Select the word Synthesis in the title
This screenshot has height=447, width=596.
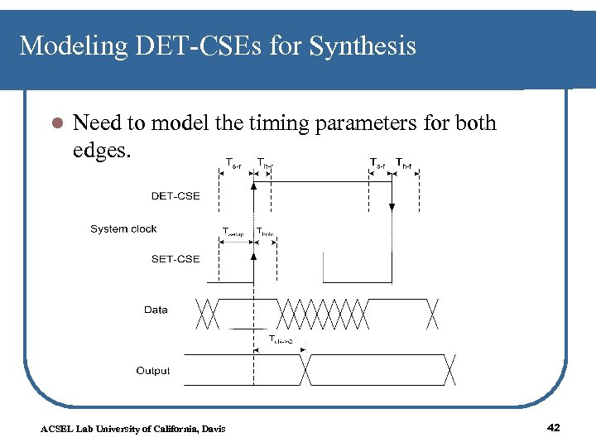[363, 46]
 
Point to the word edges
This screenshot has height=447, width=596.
[102, 153]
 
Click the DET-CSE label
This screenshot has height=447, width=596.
[175, 196]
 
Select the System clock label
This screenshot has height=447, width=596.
[123, 229]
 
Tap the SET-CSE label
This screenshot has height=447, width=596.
[175, 259]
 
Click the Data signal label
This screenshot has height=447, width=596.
[156, 310]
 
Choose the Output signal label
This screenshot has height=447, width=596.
[153, 371]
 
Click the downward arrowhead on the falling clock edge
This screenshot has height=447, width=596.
[391, 209]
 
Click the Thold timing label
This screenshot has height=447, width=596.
[265, 231]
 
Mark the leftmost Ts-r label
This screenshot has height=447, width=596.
[233, 163]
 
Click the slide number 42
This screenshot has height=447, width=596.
[554, 427]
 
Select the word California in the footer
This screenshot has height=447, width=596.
[172, 428]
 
